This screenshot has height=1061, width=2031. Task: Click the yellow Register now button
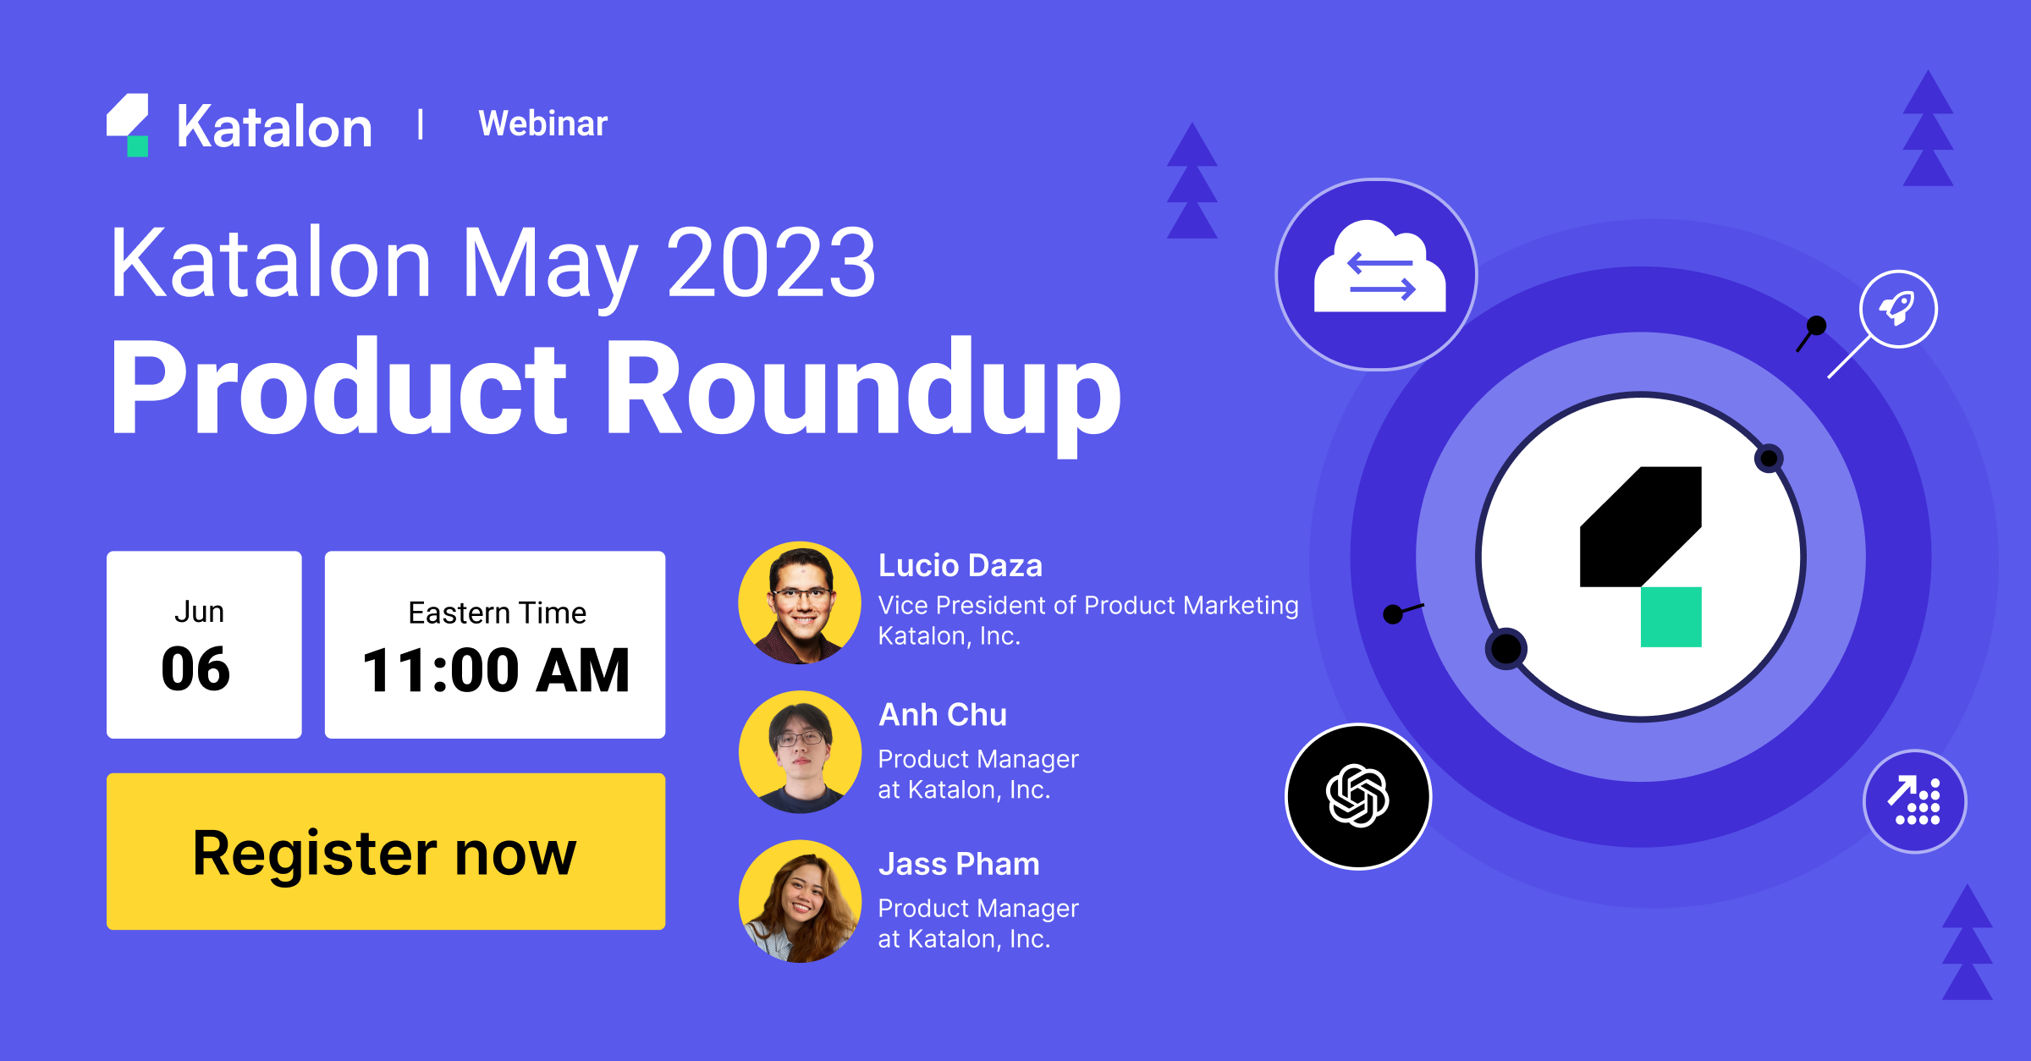click(x=385, y=851)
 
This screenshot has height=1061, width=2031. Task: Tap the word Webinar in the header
click(x=542, y=124)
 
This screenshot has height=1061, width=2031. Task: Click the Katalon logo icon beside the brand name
click(x=129, y=125)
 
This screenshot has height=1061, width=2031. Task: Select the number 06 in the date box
click(x=195, y=669)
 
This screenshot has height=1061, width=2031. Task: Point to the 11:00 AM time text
click(x=496, y=671)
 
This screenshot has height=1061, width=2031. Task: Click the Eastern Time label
click(x=497, y=613)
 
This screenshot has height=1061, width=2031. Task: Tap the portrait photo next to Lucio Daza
click(x=800, y=602)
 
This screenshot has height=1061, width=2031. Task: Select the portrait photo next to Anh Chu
click(x=800, y=752)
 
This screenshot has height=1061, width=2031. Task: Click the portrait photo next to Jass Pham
click(x=800, y=901)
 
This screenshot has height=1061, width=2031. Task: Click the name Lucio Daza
click(x=960, y=565)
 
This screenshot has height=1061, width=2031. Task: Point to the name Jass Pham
click(x=958, y=864)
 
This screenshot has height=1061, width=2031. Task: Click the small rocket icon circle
click(x=1898, y=309)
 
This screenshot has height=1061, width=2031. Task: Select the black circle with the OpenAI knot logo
click(x=1357, y=796)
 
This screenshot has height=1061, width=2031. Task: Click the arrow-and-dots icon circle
click(x=1914, y=801)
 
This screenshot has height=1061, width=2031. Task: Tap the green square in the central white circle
click(x=1670, y=617)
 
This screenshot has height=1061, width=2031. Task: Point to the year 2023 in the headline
click(x=771, y=263)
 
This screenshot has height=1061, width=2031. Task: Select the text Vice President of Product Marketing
click(x=1087, y=605)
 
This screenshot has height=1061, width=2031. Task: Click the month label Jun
click(x=199, y=611)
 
